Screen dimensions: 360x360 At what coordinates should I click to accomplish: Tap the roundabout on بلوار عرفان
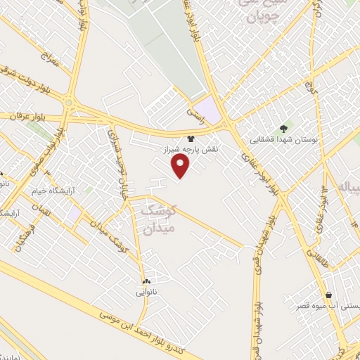pyautogui.click(x=69, y=103)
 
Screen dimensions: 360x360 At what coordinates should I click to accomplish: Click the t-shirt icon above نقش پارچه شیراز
pyautogui.click(x=190, y=140)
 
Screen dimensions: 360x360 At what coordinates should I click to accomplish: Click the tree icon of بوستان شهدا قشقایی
pyautogui.click(x=283, y=128)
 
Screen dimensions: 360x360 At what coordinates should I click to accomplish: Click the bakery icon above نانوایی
pyautogui.click(x=146, y=281)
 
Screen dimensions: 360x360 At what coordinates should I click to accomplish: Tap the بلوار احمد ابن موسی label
pyautogui.click(x=148, y=330)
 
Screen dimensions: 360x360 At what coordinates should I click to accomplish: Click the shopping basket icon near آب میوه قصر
pyautogui.click(x=328, y=294)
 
